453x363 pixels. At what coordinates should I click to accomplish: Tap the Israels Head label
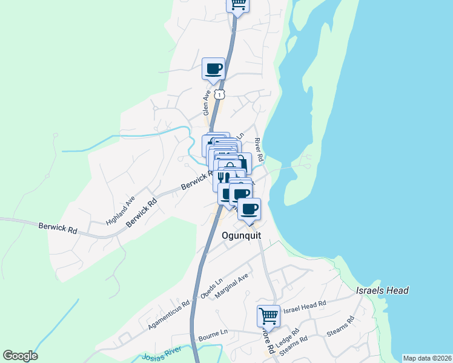[x=382, y=290]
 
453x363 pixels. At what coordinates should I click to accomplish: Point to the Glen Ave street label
[x=207, y=103]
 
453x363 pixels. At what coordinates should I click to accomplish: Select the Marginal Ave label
[x=234, y=287]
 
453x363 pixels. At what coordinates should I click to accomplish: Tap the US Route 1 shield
[x=220, y=94]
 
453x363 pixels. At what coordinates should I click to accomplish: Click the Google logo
[x=20, y=356]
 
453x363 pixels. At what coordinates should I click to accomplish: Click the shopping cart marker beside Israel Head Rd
[x=268, y=315]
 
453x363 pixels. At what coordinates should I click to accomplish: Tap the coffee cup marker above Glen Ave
[x=213, y=68]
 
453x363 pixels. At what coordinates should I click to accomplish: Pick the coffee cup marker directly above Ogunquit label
[x=248, y=209]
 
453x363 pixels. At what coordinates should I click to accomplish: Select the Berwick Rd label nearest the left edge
[x=58, y=230]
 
